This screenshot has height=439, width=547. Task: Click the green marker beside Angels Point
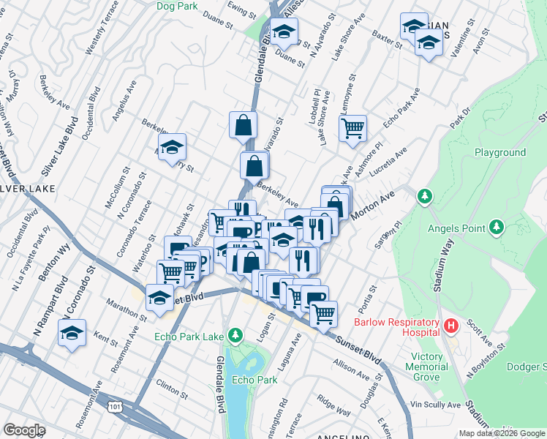(x=497, y=227)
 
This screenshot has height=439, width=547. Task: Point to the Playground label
(x=500, y=152)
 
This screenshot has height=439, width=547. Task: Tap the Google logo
(x=25, y=430)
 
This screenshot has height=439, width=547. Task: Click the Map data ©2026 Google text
(x=502, y=433)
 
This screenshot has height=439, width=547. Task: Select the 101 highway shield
(x=114, y=405)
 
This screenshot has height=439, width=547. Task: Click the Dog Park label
(x=177, y=6)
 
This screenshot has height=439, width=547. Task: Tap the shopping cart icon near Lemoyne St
(x=352, y=129)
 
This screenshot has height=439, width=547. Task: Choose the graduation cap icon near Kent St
(x=72, y=334)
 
